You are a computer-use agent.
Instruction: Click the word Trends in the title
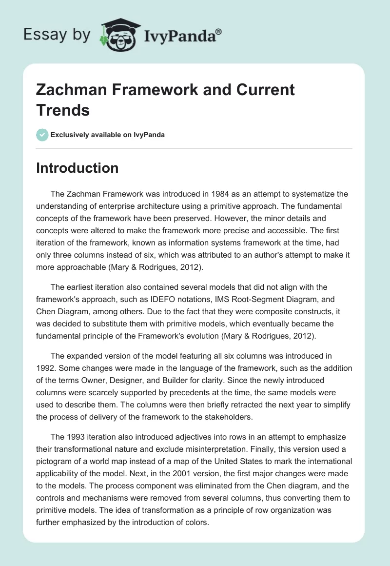tap(63, 110)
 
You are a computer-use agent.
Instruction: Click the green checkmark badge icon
tap(42, 135)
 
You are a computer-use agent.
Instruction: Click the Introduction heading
tap(78, 167)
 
